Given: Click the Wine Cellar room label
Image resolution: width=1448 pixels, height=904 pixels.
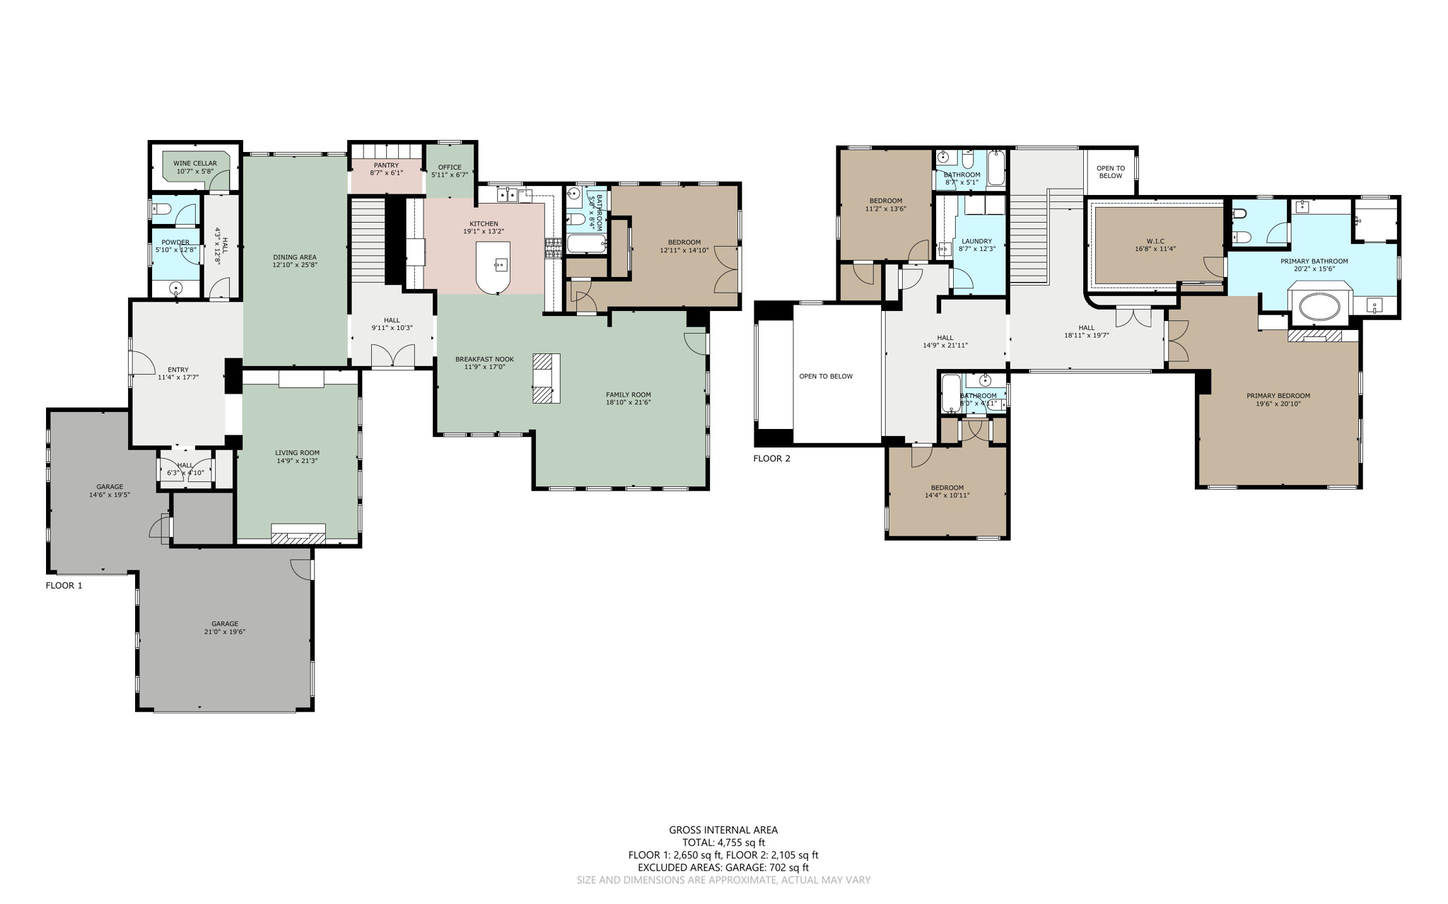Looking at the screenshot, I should click(195, 163).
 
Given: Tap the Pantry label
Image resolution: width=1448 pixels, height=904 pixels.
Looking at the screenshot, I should click(386, 165).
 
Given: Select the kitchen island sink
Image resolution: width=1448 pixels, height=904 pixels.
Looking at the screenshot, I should click(501, 265).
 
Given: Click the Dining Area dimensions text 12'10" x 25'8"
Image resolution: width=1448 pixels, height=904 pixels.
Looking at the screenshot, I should click(295, 265).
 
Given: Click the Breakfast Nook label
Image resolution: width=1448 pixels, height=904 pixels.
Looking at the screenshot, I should click(484, 359).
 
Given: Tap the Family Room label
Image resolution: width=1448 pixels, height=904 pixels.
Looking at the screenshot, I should click(628, 394).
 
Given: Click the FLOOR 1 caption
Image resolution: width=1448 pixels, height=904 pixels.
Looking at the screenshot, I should click(64, 585).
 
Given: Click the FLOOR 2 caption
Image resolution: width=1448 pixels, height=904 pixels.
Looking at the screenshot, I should click(771, 458).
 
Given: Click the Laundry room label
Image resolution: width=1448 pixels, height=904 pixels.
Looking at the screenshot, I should click(976, 241).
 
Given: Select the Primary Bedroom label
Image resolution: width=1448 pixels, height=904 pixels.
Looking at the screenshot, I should click(1278, 396).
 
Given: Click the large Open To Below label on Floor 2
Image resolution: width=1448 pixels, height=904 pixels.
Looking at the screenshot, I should click(826, 376).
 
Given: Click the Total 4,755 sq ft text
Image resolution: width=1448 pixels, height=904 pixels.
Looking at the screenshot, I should click(723, 843).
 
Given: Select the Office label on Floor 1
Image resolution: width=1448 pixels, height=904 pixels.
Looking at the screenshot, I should click(450, 168).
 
